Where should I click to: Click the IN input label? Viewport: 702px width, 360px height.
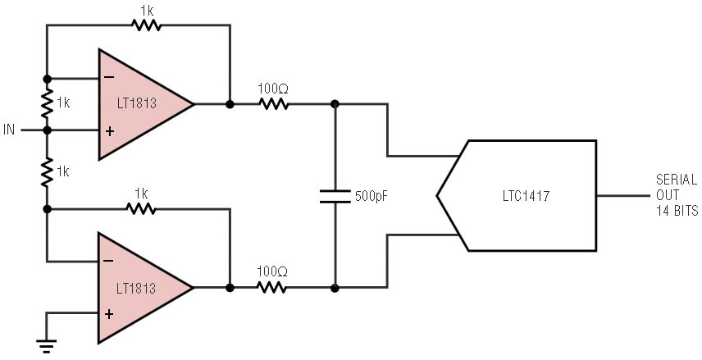(x=9, y=130)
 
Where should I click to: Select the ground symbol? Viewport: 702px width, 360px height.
(x=46, y=347)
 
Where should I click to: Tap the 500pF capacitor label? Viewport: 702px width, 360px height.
(x=372, y=196)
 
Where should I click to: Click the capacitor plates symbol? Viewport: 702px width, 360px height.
(x=335, y=196)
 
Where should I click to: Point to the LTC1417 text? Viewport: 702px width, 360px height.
(x=526, y=196)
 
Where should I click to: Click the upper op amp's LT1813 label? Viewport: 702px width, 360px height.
(x=137, y=103)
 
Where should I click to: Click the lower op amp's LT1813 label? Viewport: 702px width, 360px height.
(x=137, y=288)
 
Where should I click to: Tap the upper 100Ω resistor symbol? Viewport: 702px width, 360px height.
(x=273, y=104)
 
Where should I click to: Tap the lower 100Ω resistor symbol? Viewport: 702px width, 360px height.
(x=272, y=288)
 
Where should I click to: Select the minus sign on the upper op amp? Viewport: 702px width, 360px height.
(x=109, y=77)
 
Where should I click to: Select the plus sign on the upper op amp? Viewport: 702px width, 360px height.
(x=109, y=131)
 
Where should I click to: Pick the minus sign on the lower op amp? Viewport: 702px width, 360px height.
(x=109, y=261)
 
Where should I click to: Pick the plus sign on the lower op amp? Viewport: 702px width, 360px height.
(x=109, y=314)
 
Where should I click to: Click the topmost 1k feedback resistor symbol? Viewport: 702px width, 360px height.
(x=147, y=25)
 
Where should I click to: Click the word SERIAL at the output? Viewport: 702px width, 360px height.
(x=677, y=180)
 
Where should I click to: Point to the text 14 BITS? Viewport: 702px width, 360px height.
(x=677, y=211)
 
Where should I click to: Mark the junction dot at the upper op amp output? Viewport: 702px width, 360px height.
(x=230, y=104)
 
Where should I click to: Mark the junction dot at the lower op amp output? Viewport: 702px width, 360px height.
(x=230, y=288)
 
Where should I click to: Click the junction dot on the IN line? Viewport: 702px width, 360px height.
(x=47, y=130)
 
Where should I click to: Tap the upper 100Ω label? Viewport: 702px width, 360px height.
(x=272, y=89)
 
